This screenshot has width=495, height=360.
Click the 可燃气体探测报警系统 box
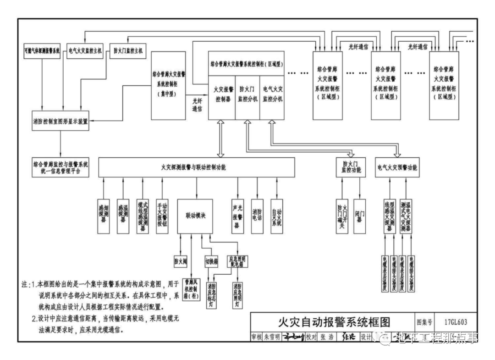pos(42,51)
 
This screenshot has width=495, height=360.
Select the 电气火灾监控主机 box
pos(85,51)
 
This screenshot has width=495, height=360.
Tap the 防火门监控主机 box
pos(128,51)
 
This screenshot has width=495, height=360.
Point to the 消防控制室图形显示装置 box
pos(60,122)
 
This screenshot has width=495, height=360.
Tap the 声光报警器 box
pos(237,216)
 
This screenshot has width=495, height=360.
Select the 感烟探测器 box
pos(104,216)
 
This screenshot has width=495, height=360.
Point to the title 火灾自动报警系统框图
pos(332,321)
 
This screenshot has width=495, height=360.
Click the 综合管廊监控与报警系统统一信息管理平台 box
pos(60,167)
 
